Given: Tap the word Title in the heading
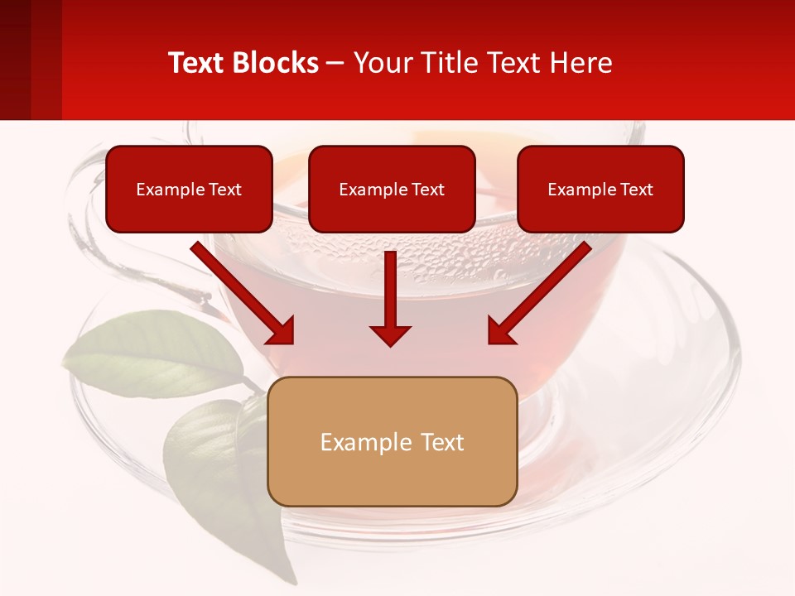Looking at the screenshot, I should click(441, 63).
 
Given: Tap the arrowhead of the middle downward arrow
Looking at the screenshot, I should click(390, 334).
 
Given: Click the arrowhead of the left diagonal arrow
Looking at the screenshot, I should click(282, 331).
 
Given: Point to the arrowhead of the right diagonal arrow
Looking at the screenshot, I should click(500, 331).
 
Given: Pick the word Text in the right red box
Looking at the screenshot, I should click(637, 190).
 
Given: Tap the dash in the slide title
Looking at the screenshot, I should click(335, 64).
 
